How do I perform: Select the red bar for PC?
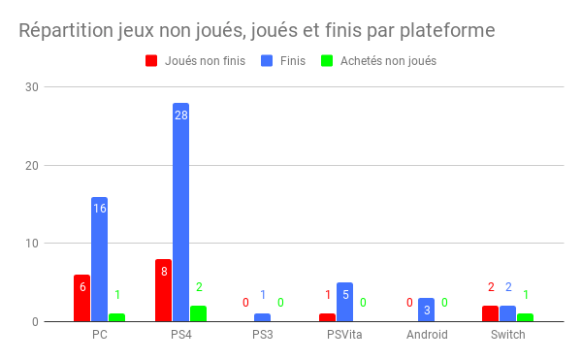pos(81,299)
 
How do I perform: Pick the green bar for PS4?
pos(198,313)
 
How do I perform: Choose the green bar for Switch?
pos(525,317)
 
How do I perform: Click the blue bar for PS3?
pos(263,317)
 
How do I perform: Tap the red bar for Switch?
pos(490,313)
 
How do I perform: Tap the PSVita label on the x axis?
pos(344,335)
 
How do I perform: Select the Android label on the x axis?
pos(426,335)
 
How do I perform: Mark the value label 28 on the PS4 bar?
pos(181,115)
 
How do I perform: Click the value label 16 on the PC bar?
pos(99,209)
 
